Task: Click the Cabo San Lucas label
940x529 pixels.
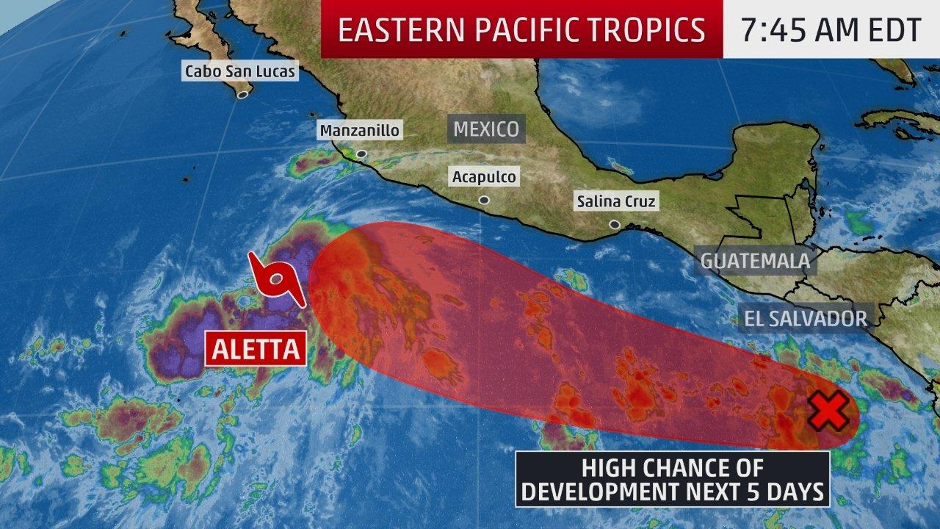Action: click(x=240, y=71)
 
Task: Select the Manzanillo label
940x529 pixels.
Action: click(x=359, y=131)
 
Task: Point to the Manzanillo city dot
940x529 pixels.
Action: click(x=361, y=154)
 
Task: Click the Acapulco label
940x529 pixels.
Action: click(x=484, y=176)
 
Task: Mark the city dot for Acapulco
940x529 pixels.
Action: click(x=484, y=200)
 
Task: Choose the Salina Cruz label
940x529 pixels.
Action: click(x=616, y=201)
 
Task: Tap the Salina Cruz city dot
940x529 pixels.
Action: click(x=614, y=225)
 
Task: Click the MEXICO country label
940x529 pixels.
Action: click(x=486, y=129)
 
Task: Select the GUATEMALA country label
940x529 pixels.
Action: click(x=755, y=260)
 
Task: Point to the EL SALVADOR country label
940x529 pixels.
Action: click(x=806, y=318)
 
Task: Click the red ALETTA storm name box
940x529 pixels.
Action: click(x=256, y=349)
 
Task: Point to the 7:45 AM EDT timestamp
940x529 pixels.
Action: click(x=831, y=29)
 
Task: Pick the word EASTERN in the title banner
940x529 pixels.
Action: click(x=388, y=29)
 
